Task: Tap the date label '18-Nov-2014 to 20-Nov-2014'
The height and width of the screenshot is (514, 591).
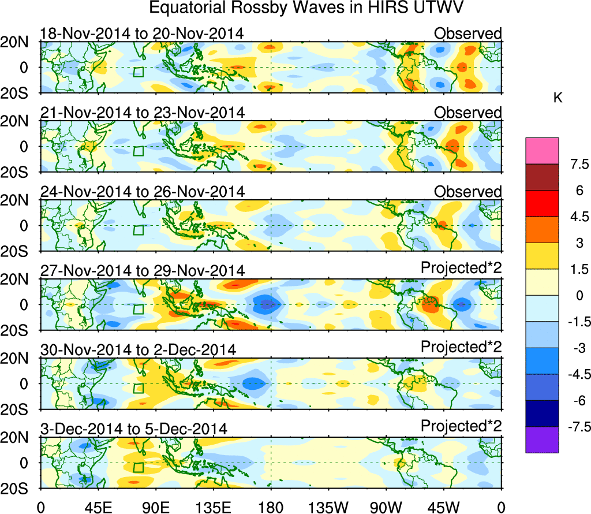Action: tap(141, 33)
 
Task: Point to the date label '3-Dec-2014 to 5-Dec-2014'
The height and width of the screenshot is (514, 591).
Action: tap(133, 429)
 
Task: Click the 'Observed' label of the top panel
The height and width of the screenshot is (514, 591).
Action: tap(467, 33)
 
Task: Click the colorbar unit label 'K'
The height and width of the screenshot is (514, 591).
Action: tap(558, 99)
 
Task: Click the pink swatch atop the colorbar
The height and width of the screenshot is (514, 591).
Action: tap(542, 151)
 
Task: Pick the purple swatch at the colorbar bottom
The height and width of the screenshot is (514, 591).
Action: tap(542, 439)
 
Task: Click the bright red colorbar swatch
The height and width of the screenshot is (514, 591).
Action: tap(542, 203)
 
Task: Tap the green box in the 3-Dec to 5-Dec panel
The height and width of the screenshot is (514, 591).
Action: tap(138, 467)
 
